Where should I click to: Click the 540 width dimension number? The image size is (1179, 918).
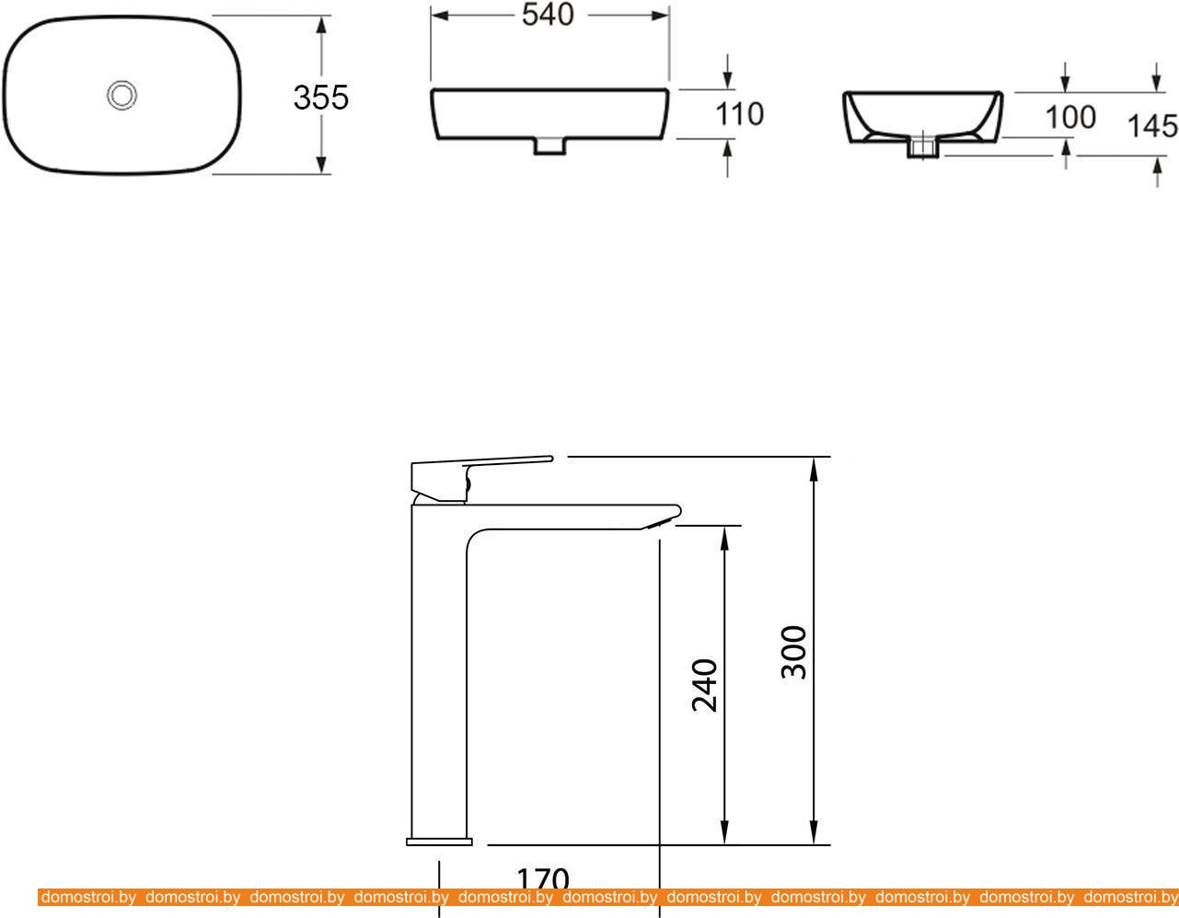click(x=548, y=15)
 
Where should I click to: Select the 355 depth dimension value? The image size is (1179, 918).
click(x=320, y=98)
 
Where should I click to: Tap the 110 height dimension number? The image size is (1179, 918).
click(x=739, y=114)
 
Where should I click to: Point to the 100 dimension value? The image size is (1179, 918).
click(x=1070, y=117)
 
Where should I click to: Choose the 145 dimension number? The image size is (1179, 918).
click(x=1152, y=126)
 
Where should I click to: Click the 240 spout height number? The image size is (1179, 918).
click(x=705, y=685)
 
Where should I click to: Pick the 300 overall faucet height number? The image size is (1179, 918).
click(x=793, y=652)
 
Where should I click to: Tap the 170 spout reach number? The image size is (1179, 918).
click(x=543, y=880)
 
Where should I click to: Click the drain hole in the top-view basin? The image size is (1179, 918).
click(x=121, y=96)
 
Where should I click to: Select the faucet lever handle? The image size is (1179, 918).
click(x=481, y=478)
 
